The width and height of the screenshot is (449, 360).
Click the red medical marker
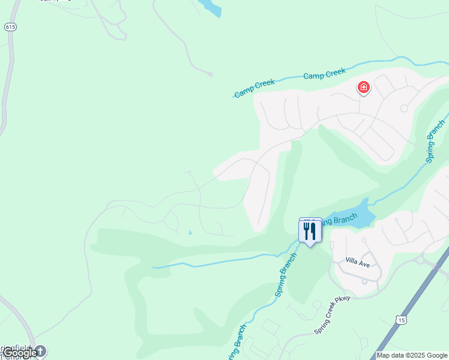coord(363,88)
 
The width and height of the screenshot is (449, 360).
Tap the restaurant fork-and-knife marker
coord(310,230)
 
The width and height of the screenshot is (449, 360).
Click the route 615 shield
coord(10,27)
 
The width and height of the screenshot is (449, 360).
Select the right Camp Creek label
coord(324,74)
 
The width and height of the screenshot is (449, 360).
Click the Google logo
coord(19,353)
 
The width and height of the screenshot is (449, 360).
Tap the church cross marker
coord(40,350)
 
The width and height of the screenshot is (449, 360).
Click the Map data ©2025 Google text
coord(412,355)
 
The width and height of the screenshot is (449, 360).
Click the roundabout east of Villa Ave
coord(421,260)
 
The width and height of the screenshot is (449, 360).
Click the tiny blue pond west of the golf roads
coord(190,233)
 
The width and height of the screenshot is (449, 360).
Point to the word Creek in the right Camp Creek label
coord(334,73)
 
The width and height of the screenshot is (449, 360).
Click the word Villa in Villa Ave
coord(352,261)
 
